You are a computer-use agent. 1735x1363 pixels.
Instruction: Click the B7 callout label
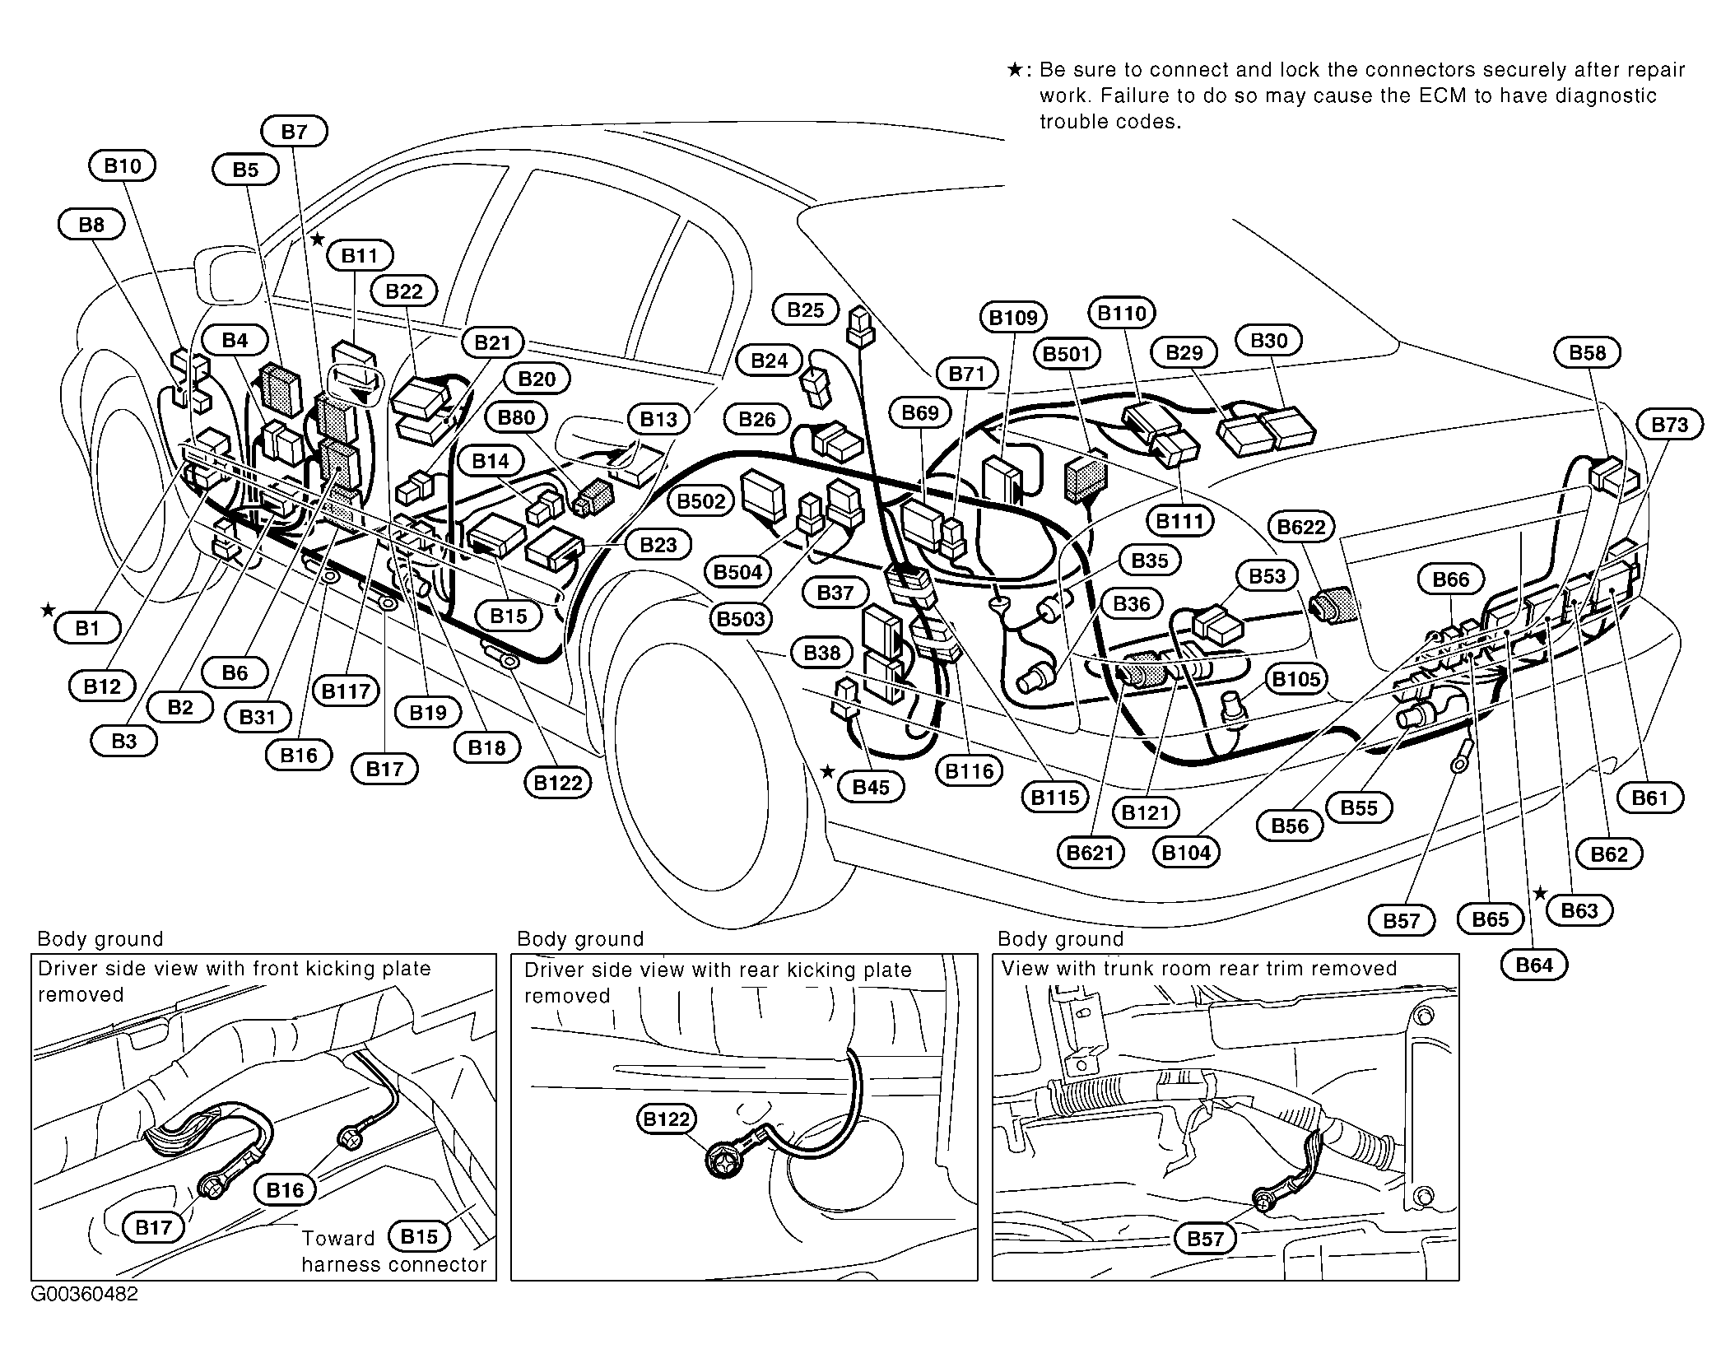294,132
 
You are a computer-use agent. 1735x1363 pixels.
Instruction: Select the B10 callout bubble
122,166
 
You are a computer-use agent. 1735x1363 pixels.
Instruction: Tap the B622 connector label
1301,527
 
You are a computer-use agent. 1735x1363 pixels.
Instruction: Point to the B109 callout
1013,318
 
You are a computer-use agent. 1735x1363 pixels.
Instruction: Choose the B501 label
1067,354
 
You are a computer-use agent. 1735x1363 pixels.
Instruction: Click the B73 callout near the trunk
1670,425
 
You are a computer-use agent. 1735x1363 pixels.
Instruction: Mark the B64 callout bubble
1533,965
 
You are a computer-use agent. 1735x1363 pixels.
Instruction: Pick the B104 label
1186,853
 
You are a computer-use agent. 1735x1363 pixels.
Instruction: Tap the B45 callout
870,788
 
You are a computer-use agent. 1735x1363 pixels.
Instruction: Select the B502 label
700,501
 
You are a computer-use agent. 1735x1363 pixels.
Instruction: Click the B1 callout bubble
87,629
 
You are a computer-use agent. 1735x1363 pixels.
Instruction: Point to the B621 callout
1090,853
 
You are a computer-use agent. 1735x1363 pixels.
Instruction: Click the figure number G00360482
85,1295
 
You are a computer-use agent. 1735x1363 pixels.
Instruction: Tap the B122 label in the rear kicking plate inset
666,1119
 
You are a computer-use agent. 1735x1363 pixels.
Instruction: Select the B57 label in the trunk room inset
1205,1239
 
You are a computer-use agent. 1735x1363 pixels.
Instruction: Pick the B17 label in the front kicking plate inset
153,1228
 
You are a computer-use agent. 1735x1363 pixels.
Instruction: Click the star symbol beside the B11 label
318,240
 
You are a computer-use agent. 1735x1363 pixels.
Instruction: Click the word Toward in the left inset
338,1239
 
